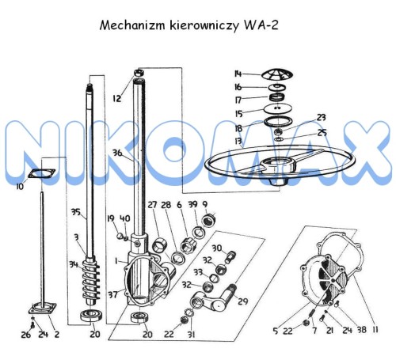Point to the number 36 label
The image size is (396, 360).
coord(116,153)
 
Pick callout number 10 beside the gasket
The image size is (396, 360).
coord(20,187)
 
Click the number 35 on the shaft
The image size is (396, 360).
coord(76,212)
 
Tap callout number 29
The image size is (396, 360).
coord(242,301)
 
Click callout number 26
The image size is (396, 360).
coord(25,335)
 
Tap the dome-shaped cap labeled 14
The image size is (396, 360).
coord(275,72)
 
